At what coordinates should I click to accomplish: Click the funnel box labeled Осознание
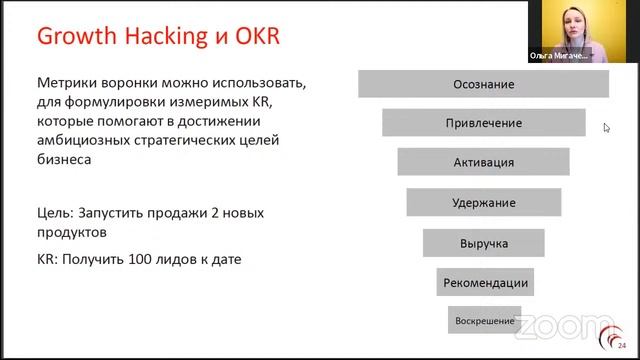point(483,84)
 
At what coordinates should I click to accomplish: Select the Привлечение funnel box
point(483,123)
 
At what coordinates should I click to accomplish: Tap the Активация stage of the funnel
point(483,162)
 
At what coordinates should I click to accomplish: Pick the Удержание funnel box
point(483,202)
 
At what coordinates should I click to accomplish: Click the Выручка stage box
point(483,243)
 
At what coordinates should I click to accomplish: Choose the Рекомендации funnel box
point(484,283)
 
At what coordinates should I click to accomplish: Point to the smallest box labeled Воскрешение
point(484,321)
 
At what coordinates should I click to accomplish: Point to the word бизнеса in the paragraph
point(64,158)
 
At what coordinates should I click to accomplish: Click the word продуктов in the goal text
point(71,232)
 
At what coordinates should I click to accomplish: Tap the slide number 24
point(622,347)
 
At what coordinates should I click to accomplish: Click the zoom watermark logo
point(565,327)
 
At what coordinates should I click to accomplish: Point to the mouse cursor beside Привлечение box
point(606,127)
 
